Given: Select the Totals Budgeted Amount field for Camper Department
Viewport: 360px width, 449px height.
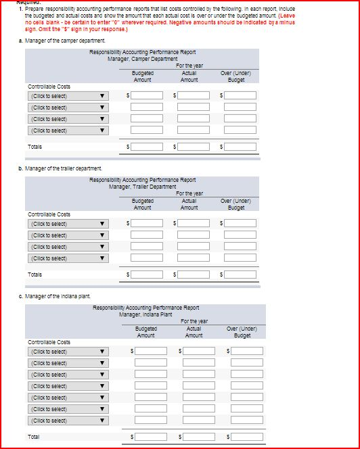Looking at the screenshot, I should (x=147, y=147).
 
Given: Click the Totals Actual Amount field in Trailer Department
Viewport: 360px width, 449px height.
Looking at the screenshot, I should (x=194, y=275).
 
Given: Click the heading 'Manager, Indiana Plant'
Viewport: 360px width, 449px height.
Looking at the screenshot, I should (x=145, y=314).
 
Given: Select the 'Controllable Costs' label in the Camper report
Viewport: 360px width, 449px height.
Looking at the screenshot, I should (x=49, y=87).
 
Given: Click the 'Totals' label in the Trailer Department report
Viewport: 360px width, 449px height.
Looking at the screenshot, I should (x=35, y=275).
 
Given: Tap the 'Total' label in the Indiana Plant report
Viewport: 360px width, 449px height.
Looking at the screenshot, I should (x=34, y=437).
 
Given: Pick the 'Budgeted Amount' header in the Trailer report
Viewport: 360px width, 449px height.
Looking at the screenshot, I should (x=142, y=204).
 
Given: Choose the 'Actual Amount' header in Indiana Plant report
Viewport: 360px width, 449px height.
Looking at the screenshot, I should (x=194, y=332).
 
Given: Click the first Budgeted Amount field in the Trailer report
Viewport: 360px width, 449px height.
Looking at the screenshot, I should (x=147, y=224).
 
